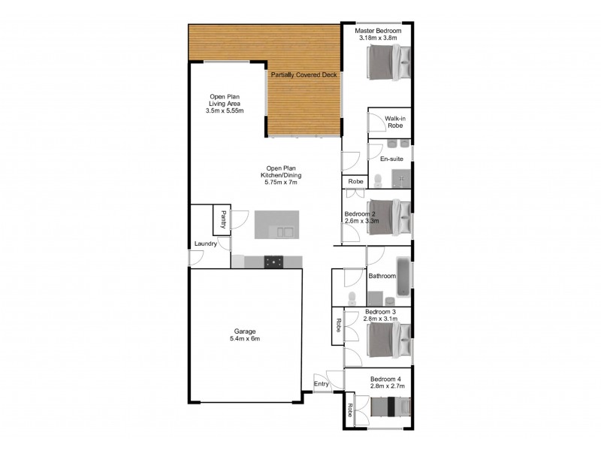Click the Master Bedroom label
click(379, 30)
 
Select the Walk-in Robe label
click(396, 122)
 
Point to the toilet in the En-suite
click(379, 178)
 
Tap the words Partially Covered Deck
click(304, 75)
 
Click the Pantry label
click(223, 219)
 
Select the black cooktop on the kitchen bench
click(274, 262)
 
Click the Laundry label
click(206, 244)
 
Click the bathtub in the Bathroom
click(403, 276)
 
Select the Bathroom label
click(382, 276)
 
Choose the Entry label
click(322, 383)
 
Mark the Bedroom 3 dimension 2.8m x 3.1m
click(385, 319)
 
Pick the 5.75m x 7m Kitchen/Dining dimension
click(282, 183)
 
